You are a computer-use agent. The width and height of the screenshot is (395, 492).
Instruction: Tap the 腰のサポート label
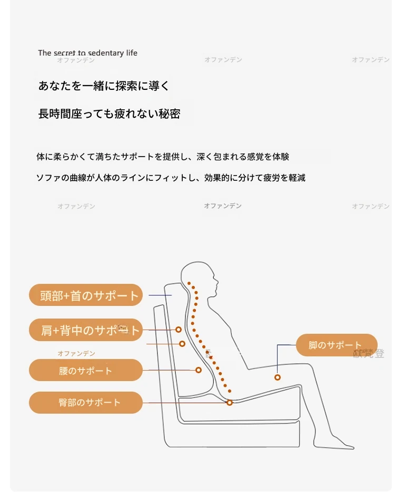coord(86,370)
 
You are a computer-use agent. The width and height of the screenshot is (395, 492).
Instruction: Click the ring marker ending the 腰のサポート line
coord(199,370)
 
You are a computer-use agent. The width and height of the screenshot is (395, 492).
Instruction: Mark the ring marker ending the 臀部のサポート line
coord(230,403)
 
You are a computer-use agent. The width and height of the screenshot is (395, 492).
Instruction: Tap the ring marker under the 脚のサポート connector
coord(278,377)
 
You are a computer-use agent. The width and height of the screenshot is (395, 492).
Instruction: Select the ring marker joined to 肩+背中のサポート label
coord(179,330)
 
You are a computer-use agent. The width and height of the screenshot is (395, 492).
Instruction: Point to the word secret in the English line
coord(64,53)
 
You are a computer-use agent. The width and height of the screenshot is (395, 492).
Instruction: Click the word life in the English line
coord(132,53)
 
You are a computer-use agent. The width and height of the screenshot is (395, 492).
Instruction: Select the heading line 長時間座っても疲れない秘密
coord(109,114)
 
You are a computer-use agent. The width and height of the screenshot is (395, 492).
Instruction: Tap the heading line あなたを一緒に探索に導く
coord(104,86)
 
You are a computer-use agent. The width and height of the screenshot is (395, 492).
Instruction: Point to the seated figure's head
coord(199,278)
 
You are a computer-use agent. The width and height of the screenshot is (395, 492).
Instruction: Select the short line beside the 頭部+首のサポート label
coord(160,295)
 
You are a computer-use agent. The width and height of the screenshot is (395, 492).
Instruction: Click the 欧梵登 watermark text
coord(369,354)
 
